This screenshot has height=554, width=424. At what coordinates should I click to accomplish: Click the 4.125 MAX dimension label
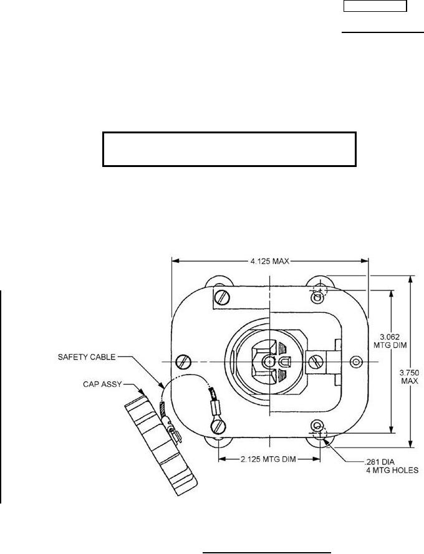click(x=270, y=260)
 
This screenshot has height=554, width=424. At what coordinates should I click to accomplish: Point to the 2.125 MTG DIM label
click(x=268, y=459)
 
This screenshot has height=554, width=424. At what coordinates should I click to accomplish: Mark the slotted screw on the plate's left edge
click(x=183, y=361)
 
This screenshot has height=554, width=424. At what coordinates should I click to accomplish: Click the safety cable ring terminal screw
click(x=218, y=426)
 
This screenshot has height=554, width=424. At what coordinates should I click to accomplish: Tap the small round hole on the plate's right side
click(x=356, y=361)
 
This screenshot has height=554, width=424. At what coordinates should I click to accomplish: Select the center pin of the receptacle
click(x=268, y=361)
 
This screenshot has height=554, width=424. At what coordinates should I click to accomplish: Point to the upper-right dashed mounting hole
click(x=319, y=289)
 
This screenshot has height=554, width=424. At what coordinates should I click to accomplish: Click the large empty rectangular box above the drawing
click(x=229, y=149)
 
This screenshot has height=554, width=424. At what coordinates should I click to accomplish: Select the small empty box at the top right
click(x=376, y=7)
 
